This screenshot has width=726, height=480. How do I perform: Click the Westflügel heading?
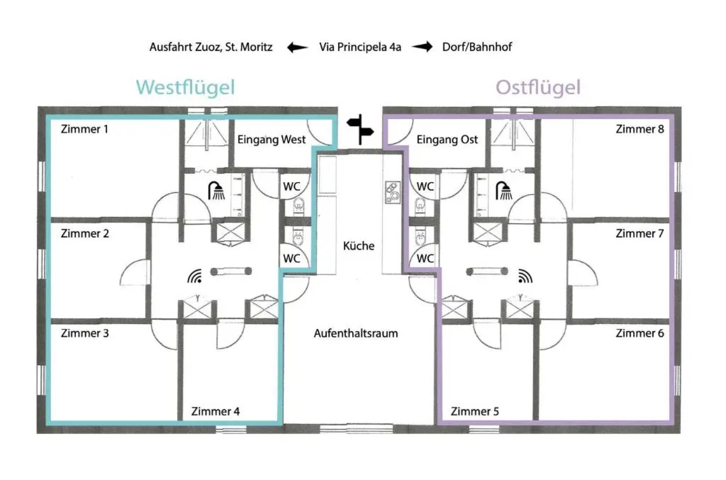pyautogui.click(x=185, y=88)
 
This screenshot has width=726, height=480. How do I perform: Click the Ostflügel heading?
pyautogui.click(x=538, y=88)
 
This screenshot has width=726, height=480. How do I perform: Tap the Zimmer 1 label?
pyautogui.click(x=84, y=129)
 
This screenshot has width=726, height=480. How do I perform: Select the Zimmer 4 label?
pyautogui.click(x=215, y=412)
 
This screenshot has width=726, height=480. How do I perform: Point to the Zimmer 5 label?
pyautogui.click(x=475, y=412)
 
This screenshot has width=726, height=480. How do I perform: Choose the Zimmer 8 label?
pyautogui.click(x=640, y=129)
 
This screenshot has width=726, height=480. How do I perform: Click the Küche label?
pyautogui.click(x=359, y=246)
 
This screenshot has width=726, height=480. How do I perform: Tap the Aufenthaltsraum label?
pyautogui.click(x=356, y=333)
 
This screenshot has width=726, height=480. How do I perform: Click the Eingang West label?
pyautogui.click(x=271, y=140)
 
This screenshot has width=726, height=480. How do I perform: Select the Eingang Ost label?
pyautogui.click(x=447, y=140)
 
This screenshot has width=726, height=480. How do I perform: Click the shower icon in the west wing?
pyautogui.click(x=217, y=191)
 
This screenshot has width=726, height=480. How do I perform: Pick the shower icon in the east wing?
pyautogui.click(x=504, y=191)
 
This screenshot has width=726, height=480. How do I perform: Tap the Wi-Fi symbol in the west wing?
pyautogui.click(x=195, y=276)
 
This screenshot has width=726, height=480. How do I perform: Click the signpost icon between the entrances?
pyautogui.click(x=361, y=129)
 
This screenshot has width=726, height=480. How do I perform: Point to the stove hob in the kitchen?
pyautogui.click(x=392, y=192)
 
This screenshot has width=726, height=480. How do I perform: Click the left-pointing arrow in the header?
pyautogui.click(x=297, y=47)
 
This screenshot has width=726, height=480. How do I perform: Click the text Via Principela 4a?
pyautogui.click(x=360, y=47)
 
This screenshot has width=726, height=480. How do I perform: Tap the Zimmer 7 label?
pyautogui.click(x=640, y=233)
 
